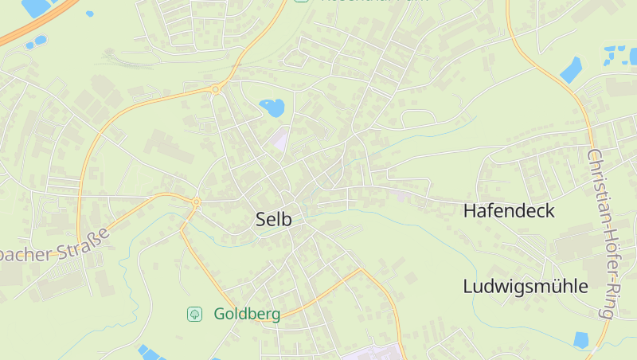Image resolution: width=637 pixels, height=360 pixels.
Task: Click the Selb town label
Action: [274, 221]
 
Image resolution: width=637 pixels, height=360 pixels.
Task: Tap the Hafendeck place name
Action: [509, 211]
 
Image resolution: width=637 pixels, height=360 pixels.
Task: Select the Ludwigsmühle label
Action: [526, 287]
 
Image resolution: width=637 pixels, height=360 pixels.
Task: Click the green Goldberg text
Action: [247, 315]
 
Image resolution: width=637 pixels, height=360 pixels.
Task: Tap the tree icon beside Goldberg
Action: [194, 315]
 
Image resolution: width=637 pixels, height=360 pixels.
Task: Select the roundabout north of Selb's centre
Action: [216, 90]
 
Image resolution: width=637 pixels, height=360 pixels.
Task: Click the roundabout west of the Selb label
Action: [196, 202]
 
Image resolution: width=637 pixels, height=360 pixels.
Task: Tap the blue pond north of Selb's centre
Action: [272, 108]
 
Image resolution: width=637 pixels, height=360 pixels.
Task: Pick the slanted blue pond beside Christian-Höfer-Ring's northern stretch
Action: [571, 70]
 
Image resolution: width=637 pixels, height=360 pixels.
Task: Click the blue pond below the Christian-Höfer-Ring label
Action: [581, 340]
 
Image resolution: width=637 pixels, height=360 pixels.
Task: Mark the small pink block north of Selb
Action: [278, 140]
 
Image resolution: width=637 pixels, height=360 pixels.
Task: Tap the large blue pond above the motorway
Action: [36, 7]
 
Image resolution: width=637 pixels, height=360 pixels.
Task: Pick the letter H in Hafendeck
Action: [470, 211]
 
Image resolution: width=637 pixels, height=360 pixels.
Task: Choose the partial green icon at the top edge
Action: [301, 2]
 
